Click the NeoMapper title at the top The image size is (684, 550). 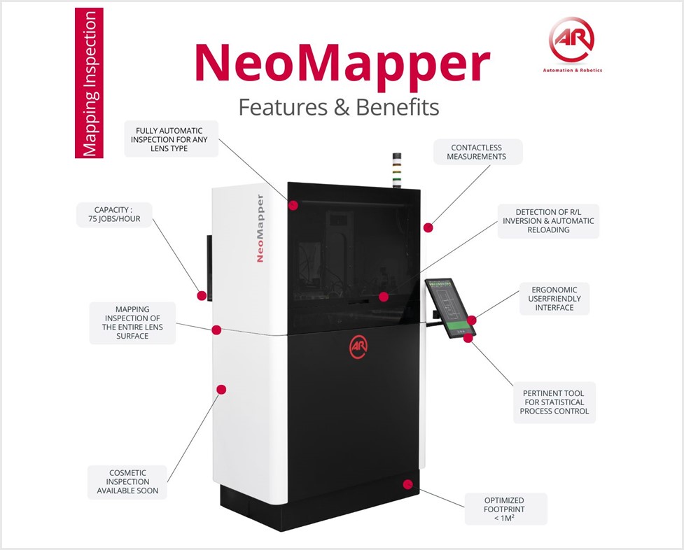tap(342, 64)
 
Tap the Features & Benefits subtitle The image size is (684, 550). tap(339, 107)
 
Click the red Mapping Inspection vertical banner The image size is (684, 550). tap(90, 83)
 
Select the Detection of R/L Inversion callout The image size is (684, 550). tap(548, 221)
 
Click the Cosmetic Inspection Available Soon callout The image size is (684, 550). tap(127, 481)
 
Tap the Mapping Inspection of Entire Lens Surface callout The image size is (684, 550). tap(132, 322)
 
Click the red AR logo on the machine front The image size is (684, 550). tap(359, 347)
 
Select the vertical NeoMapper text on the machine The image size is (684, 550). tap(260, 228)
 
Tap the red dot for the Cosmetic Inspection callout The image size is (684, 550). tap(222, 389)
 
